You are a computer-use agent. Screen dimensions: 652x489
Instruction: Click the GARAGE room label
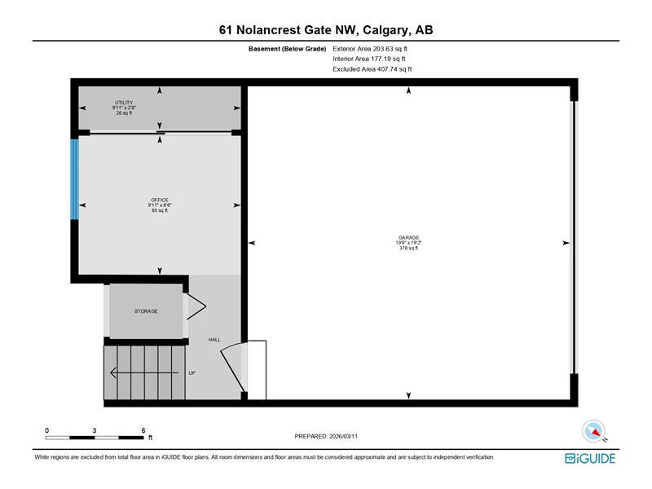pyautogui.click(x=409, y=237)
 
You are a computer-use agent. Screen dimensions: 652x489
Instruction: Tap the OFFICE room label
pyautogui.click(x=160, y=200)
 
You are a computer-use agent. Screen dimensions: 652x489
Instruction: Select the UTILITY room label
pyautogui.click(x=124, y=103)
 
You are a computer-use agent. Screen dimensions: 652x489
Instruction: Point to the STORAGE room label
pyautogui.click(x=146, y=311)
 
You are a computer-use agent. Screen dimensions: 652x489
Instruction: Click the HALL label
pyautogui.click(x=214, y=340)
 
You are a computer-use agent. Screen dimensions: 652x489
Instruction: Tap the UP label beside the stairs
pyautogui.click(x=192, y=373)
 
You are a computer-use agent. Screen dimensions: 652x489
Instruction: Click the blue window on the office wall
pyautogui.click(x=74, y=179)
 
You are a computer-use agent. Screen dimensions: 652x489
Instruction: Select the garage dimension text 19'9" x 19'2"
pyautogui.click(x=409, y=243)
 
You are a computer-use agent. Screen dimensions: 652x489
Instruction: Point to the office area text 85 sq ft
pyautogui.click(x=160, y=210)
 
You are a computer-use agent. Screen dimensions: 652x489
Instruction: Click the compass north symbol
pyautogui.click(x=593, y=431)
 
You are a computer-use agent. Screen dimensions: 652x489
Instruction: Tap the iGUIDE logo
pyautogui.click(x=590, y=458)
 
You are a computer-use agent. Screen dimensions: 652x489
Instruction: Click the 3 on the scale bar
pyautogui.click(x=95, y=430)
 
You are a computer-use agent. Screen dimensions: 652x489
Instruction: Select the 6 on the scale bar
pyautogui.click(x=143, y=430)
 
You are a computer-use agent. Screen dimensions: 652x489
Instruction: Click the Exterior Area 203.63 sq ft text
pyautogui.click(x=370, y=49)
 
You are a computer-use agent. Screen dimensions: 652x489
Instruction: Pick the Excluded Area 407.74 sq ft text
pyautogui.click(x=372, y=69)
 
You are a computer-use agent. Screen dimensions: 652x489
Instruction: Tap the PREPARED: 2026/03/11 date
pyautogui.click(x=326, y=436)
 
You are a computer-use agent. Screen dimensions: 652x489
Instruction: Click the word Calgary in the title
pyautogui.click(x=385, y=30)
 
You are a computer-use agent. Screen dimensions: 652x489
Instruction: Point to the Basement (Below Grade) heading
pyautogui.click(x=288, y=49)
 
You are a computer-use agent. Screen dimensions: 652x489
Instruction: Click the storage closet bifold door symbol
pyautogui.click(x=196, y=307)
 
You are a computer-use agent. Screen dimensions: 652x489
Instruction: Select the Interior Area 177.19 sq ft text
pyautogui.click(x=369, y=59)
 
